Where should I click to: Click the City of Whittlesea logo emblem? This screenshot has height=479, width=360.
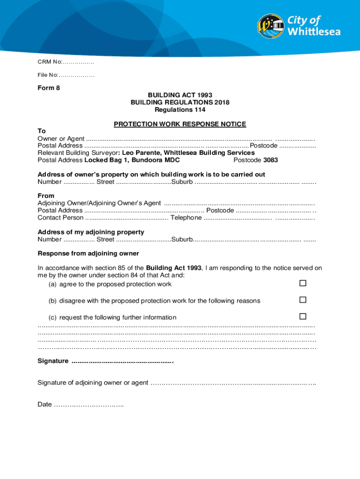(x=271, y=26)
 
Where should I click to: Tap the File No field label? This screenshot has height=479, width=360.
(x=48, y=75)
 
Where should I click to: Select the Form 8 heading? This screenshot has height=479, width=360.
(x=49, y=88)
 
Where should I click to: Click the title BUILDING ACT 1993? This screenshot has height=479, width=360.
(x=180, y=95)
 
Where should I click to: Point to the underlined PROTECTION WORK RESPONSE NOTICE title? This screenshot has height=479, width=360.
(x=180, y=124)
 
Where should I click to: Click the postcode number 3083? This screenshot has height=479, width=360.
(x=270, y=160)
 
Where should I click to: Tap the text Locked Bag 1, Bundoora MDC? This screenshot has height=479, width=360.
(x=132, y=160)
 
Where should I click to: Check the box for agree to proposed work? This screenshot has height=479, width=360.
(x=302, y=283)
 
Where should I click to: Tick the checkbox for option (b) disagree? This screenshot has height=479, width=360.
(x=302, y=300)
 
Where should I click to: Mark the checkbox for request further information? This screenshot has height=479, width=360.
(x=302, y=316)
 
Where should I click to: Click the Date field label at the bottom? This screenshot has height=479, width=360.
(x=44, y=404)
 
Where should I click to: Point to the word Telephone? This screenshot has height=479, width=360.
(x=186, y=218)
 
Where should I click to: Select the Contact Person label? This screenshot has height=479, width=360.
(x=60, y=218)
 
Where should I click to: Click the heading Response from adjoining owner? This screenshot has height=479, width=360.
(x=88, y=254)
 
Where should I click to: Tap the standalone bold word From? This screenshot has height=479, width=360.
(x=46, y=196)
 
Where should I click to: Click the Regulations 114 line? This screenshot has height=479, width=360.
(x=180, y=110)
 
